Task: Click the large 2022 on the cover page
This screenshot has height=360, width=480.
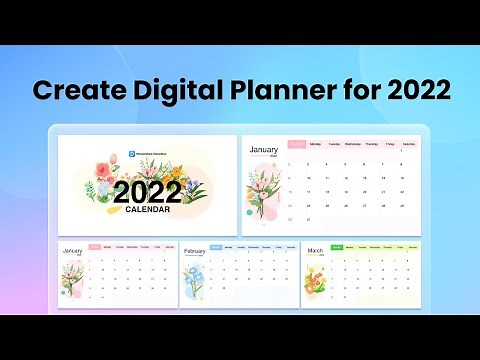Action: (147, 193)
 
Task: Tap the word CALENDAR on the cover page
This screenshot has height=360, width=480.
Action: (147, 211)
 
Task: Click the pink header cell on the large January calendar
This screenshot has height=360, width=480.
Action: (296, 144)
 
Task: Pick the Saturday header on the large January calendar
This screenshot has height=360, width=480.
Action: (407, 144)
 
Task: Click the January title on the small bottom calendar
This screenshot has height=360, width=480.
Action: (72, 251)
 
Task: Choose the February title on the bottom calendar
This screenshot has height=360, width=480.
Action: (195, 251)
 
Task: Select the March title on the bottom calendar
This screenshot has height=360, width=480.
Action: (316, 251)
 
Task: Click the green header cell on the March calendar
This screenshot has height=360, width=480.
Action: (337, 246)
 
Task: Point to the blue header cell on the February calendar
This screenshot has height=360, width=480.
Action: (216, 246)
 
